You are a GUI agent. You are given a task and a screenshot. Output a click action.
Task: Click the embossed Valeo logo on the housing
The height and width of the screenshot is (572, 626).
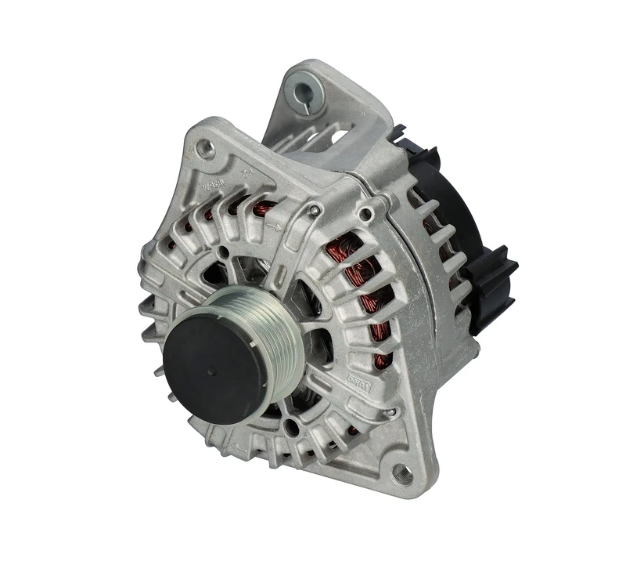point(358,381)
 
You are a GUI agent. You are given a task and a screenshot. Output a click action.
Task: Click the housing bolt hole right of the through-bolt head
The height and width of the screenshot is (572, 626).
point(364,214)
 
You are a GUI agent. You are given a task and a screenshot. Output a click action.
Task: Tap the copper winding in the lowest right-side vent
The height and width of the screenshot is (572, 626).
point(382,360)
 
